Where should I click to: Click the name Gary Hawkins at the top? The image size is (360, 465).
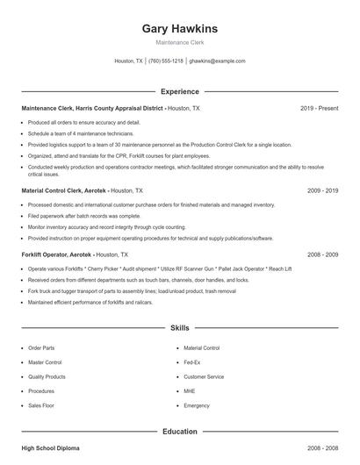click(180, 28)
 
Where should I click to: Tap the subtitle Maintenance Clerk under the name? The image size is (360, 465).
click(180, 42)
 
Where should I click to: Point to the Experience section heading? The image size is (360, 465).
click(180, 91)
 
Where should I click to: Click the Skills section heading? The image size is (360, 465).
click(180, 328)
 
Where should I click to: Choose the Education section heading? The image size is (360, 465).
click(180, 432)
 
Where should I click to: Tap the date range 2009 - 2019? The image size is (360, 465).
click(323, 190)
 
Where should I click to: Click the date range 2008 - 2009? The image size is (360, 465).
click(323, 254)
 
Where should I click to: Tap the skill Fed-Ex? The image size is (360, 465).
click(192, 362)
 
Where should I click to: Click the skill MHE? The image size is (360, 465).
click(190, 391)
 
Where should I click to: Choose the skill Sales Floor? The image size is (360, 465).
click(41, 406)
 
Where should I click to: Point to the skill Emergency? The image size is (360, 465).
click(197, 406)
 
